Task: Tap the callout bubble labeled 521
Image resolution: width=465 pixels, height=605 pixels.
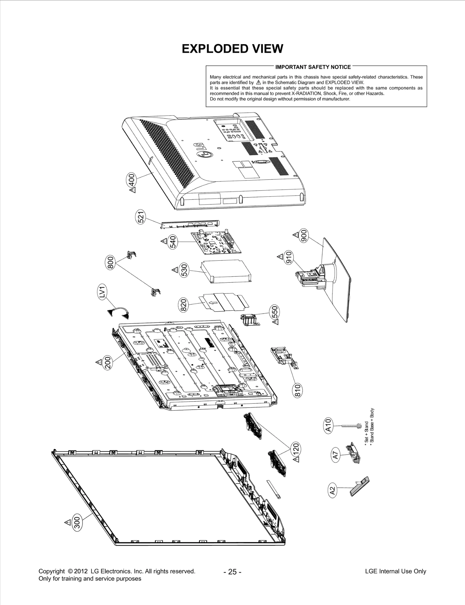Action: coord(141,217)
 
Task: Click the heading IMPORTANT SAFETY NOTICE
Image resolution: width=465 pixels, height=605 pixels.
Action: coord(313,67)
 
